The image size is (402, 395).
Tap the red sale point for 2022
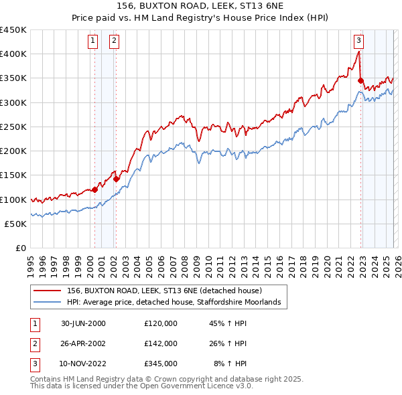coord(361,81)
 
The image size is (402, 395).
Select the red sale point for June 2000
coord(94,189)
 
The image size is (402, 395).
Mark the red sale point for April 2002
coord(116,179)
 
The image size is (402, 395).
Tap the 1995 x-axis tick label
coord(31,262)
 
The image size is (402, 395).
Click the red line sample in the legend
coord(48,291)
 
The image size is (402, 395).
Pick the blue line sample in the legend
coord(48,303)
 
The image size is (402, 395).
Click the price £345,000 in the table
coord(160,364)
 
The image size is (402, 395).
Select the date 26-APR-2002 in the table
coord(82,343)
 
